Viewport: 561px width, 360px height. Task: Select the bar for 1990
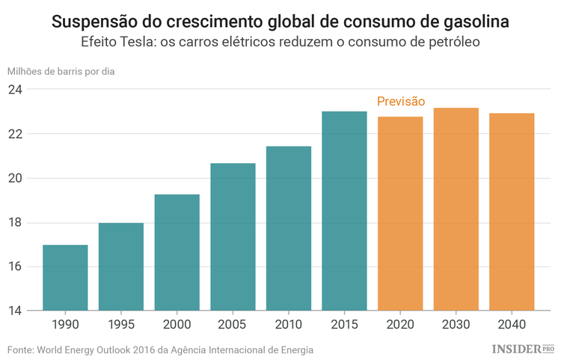(65, 278)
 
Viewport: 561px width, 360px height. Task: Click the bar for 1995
(120, 266)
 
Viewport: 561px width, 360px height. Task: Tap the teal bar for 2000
(177, 252)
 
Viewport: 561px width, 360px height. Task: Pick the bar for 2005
(233, 237)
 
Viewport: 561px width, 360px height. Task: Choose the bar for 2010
(289, 228)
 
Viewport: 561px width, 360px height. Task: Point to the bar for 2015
(344, 211)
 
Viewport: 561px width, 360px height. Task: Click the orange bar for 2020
(400, 213)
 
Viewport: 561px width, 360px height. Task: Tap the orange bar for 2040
(512, 212)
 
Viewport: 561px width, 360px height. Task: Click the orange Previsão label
(400, 102)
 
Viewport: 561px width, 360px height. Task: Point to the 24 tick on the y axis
(16, 90)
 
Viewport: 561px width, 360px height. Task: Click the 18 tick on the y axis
(16, 223)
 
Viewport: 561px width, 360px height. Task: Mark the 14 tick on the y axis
(16, 311)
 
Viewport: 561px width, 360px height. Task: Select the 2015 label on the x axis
(344, 326)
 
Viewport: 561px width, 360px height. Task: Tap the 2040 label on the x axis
(512, 326)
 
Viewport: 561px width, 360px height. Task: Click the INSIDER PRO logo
(523, 349)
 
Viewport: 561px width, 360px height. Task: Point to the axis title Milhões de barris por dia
(61, 72)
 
